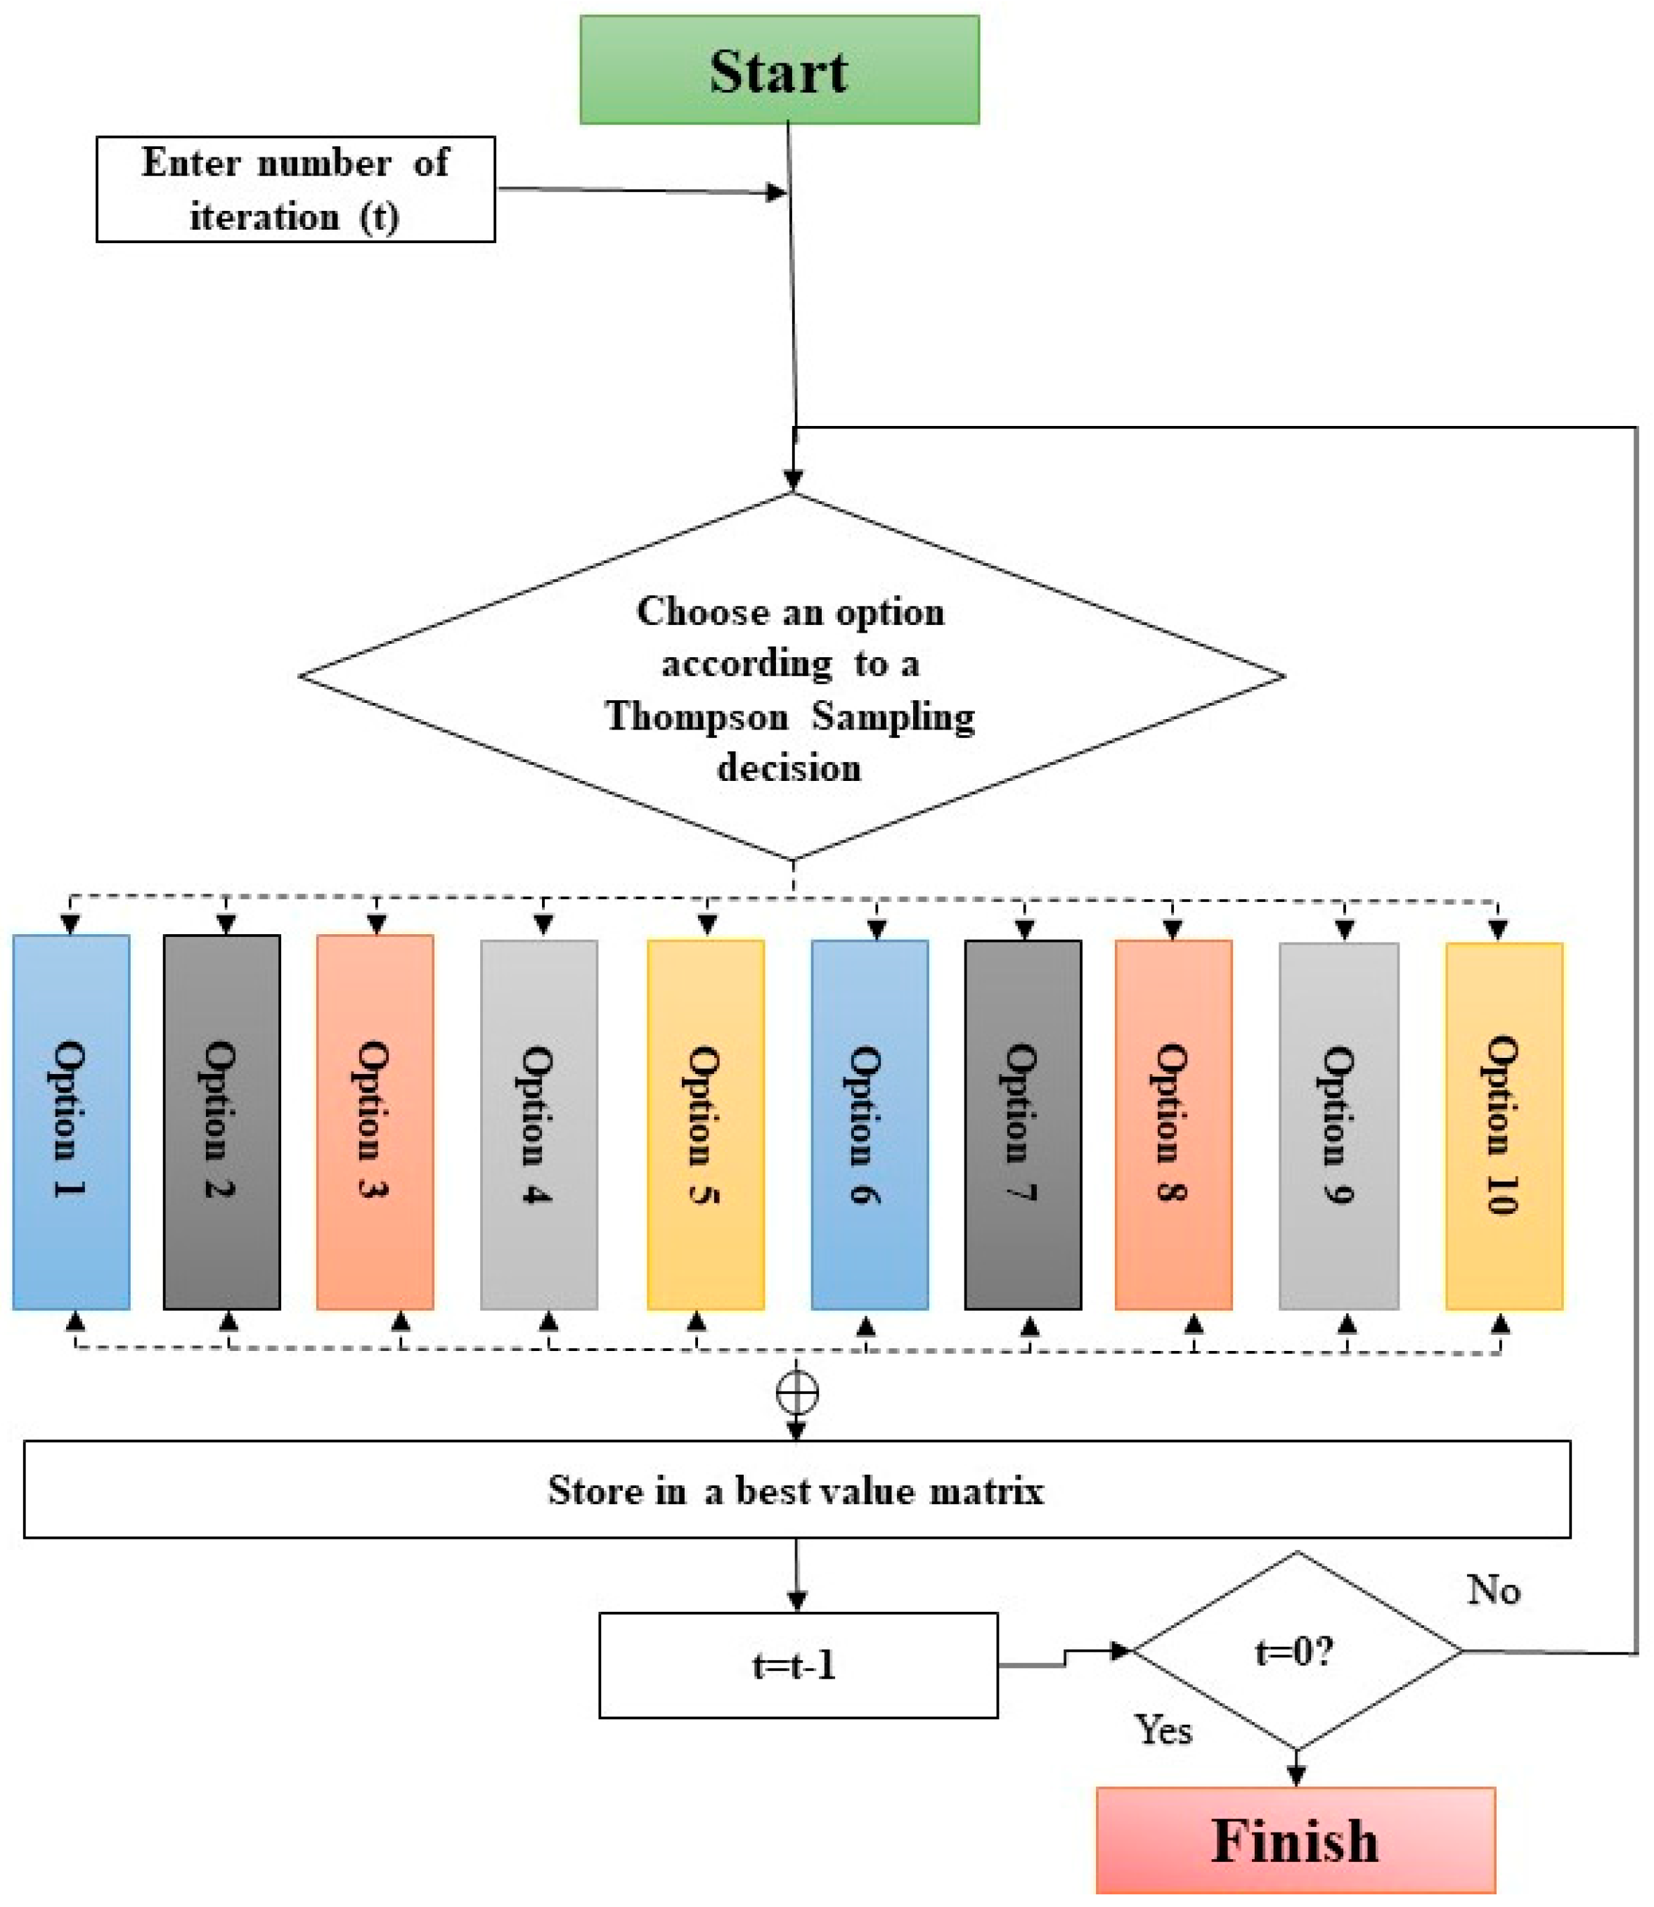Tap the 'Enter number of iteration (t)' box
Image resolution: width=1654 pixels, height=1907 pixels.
tap(295, 189)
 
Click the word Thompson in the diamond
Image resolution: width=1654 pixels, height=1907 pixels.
tap(697, 716)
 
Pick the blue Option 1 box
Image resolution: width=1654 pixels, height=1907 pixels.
tap(71, 1121)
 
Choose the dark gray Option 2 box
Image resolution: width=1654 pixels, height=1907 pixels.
tap(221, 1121)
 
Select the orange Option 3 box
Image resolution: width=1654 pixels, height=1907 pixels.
tap(375, 1121)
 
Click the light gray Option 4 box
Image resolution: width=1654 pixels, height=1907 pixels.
tap(539, 1124)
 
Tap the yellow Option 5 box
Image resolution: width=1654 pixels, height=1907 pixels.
tap(705, 1124)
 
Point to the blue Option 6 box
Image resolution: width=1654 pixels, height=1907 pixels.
tap(870, 1124)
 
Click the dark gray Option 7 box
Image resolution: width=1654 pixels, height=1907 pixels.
tap(1023, 1124)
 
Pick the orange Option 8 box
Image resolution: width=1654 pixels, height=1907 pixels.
tap(1173, 1124)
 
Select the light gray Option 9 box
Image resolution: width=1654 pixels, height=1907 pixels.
tap(1338, 1126)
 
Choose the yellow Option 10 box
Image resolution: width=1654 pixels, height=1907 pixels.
tap(1504, 1126)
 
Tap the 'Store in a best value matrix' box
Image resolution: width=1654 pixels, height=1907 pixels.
tap(796, 1489)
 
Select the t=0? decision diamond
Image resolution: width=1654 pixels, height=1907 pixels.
tap(1296, 1651)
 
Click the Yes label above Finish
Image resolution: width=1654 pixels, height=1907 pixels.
tap(1163, 1730)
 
